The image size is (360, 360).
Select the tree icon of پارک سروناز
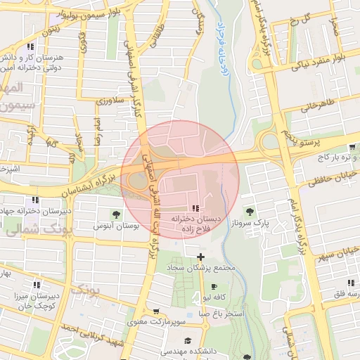point(249,210)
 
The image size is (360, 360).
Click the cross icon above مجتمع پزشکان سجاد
point(202,257)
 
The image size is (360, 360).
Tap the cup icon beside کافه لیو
point(214,287)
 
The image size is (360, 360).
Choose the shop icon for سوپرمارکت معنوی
point(155,311)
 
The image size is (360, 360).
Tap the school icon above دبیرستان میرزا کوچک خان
point(36,279)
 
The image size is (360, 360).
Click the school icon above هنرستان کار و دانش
point(31,46)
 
